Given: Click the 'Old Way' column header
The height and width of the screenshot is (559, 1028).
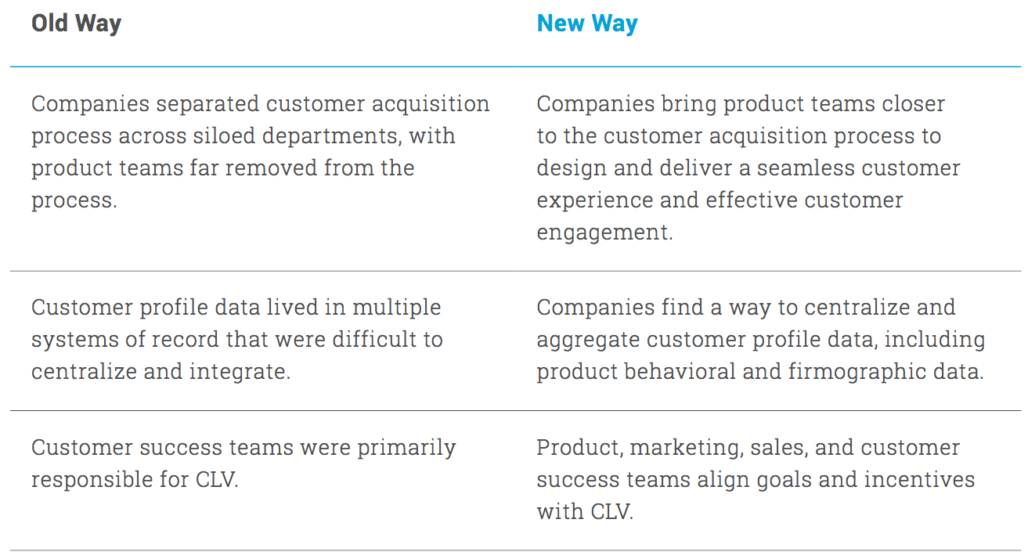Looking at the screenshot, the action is tap(76, 23).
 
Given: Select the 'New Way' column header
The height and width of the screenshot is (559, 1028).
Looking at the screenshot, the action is tap(587, 23).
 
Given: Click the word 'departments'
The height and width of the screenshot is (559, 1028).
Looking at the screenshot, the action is tap(332, 137).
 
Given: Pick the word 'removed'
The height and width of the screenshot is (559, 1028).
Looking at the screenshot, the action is tap(270, 168).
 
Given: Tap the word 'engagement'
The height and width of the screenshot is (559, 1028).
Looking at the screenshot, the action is tap(604, 233).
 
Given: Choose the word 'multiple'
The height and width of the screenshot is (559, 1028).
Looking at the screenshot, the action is tap(396, 308).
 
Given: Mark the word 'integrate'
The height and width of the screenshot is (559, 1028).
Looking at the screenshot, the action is tap(240, 373).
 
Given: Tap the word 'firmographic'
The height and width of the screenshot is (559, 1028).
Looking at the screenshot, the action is tap(857, 373).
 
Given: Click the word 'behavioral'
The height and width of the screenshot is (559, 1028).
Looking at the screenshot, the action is tap(680, 372).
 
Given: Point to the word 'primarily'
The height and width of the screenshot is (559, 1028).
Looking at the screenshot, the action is tap(406, 449).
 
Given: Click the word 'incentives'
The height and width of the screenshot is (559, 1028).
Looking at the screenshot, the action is tap(920, 480).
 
